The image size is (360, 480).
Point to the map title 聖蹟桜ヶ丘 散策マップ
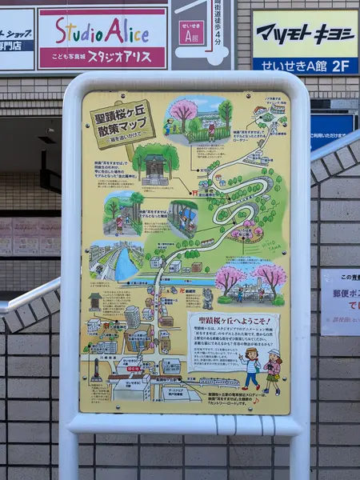click(x=122, y=122)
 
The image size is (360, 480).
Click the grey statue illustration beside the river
click(x=207, y=298)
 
